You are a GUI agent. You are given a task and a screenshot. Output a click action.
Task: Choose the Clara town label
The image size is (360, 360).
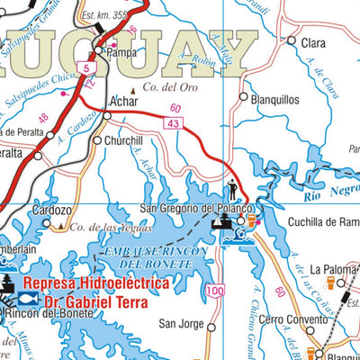[313, 42]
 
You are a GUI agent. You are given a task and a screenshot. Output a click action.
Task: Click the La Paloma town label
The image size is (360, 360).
[335, 269]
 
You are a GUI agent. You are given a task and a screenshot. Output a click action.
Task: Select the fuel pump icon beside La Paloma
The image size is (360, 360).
[341, 284]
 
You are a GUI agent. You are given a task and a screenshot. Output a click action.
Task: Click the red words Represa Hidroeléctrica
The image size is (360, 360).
[96, 282]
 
